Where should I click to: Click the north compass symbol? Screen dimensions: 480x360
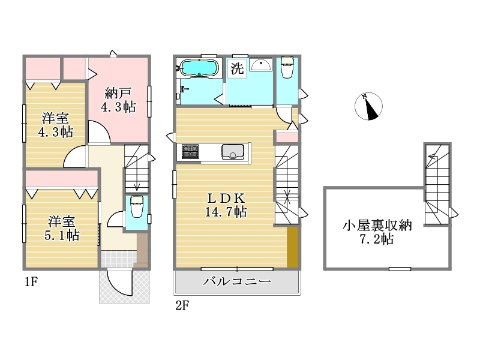click(x=368, y=106)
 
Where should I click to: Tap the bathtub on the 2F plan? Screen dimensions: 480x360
click(x=199, y=67)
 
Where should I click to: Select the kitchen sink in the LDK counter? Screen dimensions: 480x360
click(x=233, y=152)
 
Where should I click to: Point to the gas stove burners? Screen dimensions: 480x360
click(x=190, y=152)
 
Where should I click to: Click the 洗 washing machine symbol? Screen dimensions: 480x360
click(x=237, y=68)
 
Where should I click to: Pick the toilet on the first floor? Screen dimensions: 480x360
click(x=137, y=206)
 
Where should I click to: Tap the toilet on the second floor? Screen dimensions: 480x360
click(x=287, y=67)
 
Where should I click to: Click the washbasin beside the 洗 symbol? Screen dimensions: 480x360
click(x=261, y=64)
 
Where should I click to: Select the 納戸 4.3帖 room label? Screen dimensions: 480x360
click(x=118, y=100)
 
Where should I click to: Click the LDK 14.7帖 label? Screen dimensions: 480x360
click(x=226, y=205)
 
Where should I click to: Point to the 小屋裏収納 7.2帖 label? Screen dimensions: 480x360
click(x=377, y=232)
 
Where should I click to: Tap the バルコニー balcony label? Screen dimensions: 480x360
click(x=237, y=281)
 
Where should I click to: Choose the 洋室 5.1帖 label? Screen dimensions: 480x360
click(x=62, y=229)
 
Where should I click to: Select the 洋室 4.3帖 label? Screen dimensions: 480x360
click(x=55, y=125)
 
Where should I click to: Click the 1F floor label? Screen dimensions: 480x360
click(x=31, y=281)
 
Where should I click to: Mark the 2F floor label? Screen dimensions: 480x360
click(x=182, y=305)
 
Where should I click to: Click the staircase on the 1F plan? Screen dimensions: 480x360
click(x=137, y=169)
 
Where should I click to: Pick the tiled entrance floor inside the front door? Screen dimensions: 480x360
click(x=119, y=259)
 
